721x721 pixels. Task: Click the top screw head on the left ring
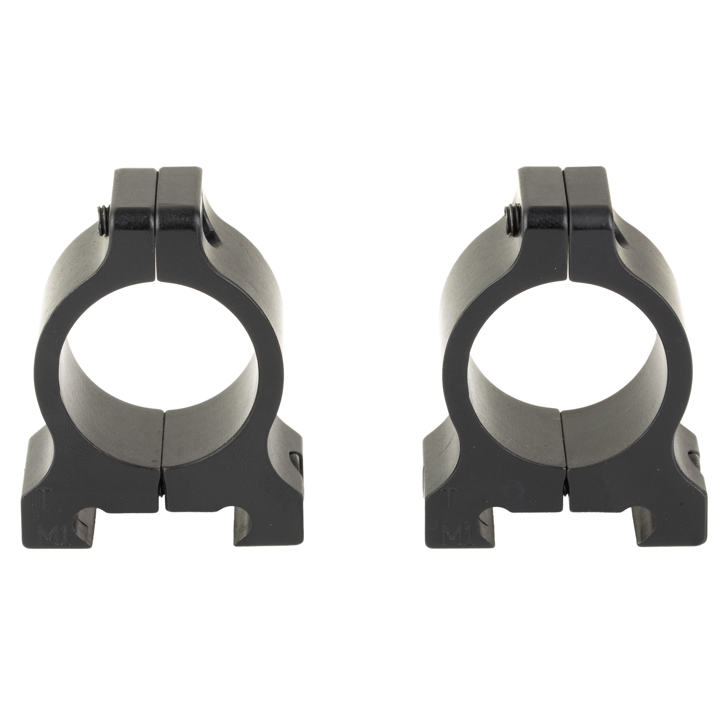tap(103, 217)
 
